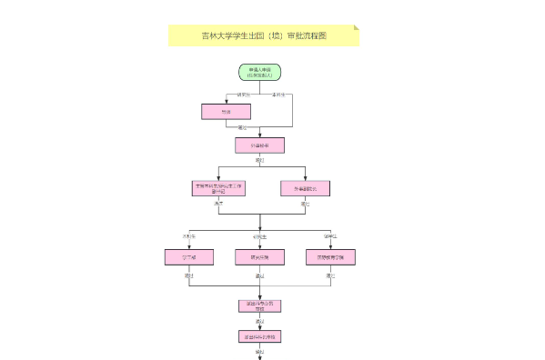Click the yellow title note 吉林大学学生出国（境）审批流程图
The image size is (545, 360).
click(263, 35)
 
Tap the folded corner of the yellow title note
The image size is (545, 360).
click(356, 27)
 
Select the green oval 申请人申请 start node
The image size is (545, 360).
click(259, 72)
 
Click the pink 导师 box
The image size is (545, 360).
click(226, 111)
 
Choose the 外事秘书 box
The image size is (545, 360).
click(259, 145)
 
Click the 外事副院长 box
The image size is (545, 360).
click(305, 188)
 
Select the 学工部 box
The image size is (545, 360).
click(189, 257)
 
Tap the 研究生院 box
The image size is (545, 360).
click(259, 257)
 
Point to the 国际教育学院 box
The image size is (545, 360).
click(330, 257)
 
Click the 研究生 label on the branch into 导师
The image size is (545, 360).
click(243, 94)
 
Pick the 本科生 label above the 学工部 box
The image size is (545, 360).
click(189, 236)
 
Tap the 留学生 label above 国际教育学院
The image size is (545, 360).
click(329, 236)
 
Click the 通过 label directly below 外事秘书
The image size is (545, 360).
click(260, 159)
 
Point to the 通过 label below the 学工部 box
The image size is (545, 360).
click(189, 275)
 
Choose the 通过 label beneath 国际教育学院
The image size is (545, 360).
click(330, 275)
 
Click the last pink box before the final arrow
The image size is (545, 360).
click(259, 336)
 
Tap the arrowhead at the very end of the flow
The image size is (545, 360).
click(259, 356)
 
